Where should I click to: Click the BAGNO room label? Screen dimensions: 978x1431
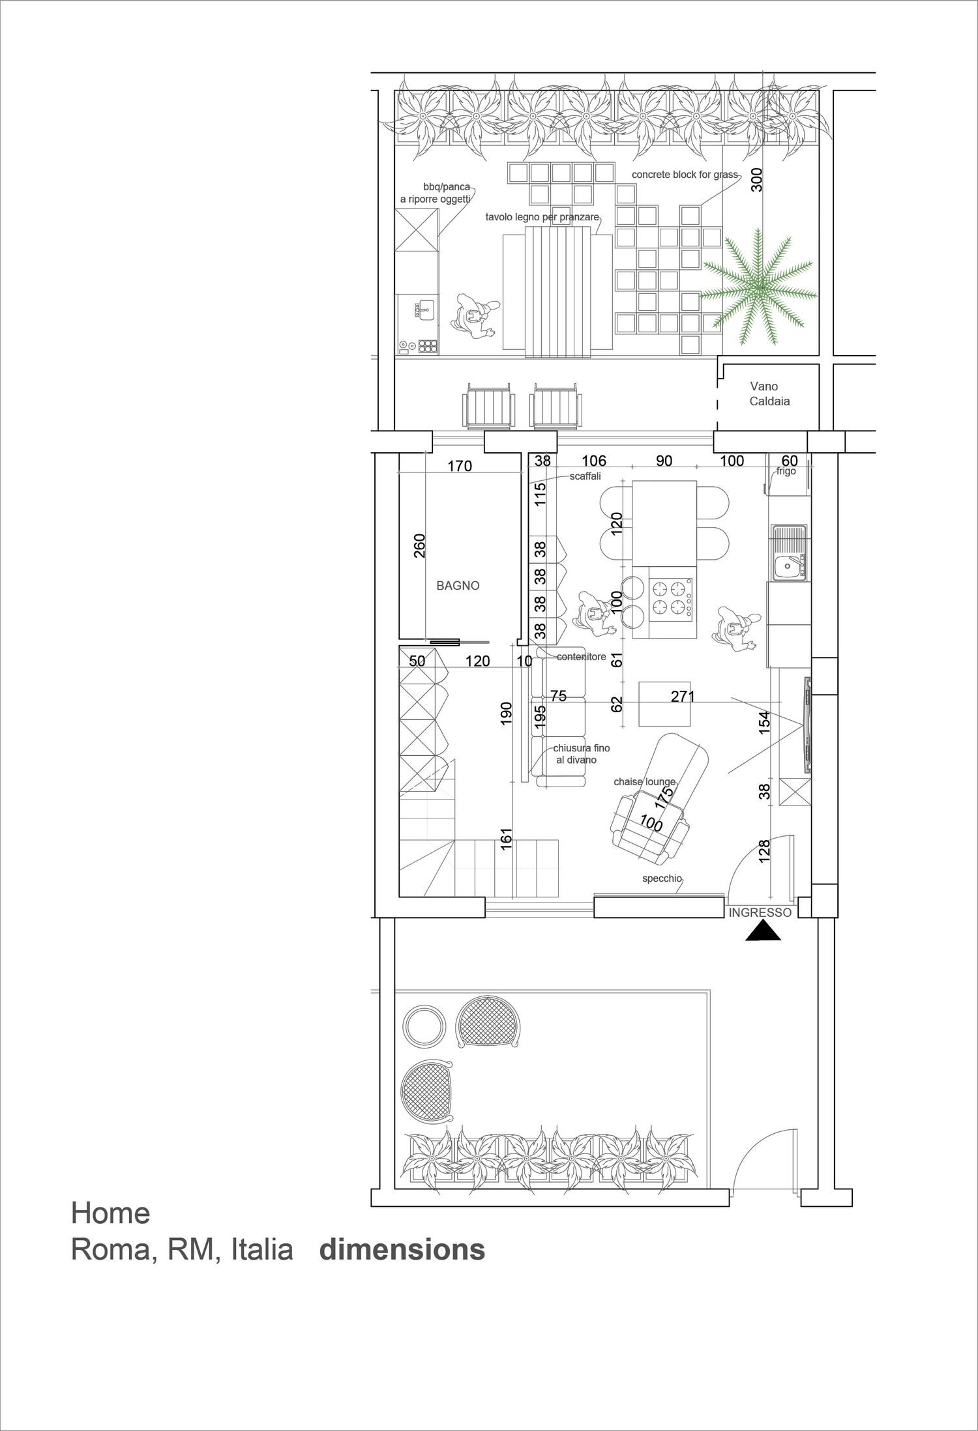(x=458, y=586)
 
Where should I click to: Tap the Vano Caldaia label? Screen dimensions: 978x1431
(x=769, y=394)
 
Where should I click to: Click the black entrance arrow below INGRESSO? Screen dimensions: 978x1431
(x=763, y=931)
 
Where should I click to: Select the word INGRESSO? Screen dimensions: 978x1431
(x=760, y=913)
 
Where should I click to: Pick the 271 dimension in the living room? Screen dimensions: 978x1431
(x=683, y=696)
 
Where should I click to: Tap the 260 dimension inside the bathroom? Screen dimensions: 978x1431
(x=420, y=545)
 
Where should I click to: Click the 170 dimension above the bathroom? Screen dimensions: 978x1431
(x=460, y=466)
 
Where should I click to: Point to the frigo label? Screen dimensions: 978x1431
(x=786, y=471)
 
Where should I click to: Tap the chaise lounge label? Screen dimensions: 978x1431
(x=645, y=781)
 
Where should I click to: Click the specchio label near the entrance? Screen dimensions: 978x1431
(x=662, y=878)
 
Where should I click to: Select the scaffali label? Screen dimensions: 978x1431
(x=585, y=476)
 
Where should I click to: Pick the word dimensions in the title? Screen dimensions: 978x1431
(x=402, y=1250)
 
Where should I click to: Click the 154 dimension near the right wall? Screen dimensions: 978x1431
(x=765, y=723)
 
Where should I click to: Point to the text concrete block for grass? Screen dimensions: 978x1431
(x=685, y=175)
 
